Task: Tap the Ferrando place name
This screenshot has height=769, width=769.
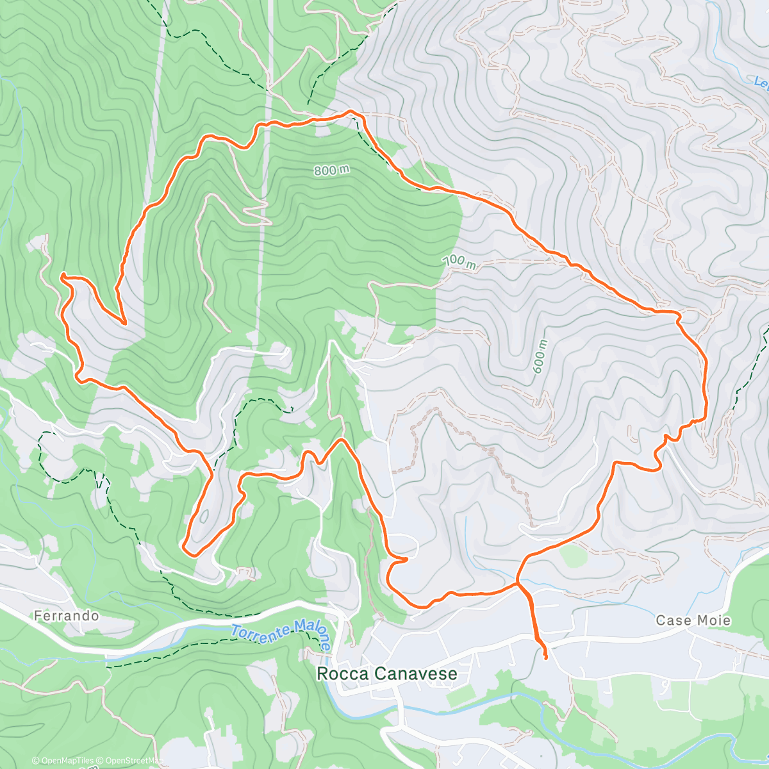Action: pyautogui.click(x=67, y=616)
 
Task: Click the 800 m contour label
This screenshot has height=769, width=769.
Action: pyautogui.click(x=332, y=170)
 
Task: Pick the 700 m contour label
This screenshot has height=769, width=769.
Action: pyautogui.click(x=460, y=262)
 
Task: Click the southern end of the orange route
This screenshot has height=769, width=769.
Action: pyautogui.click(x=545, y=657)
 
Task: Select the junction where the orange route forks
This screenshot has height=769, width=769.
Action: pyautogui.click(x=518, y=583)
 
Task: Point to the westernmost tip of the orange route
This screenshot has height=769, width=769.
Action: pyautogui.click(x=62, y=276)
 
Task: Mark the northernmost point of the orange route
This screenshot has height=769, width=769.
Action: pyautogui.click(x=351, y=112)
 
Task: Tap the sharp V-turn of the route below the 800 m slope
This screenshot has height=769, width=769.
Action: pyautogui.click(x=121, y=320)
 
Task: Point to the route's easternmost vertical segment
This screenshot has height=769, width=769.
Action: pyautogui.click(x=706, y=384)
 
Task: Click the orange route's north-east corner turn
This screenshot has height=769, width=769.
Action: pyautogui.click(x=677, y=313)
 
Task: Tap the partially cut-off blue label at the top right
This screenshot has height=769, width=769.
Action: pyautogui.click(x=761, y=82)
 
